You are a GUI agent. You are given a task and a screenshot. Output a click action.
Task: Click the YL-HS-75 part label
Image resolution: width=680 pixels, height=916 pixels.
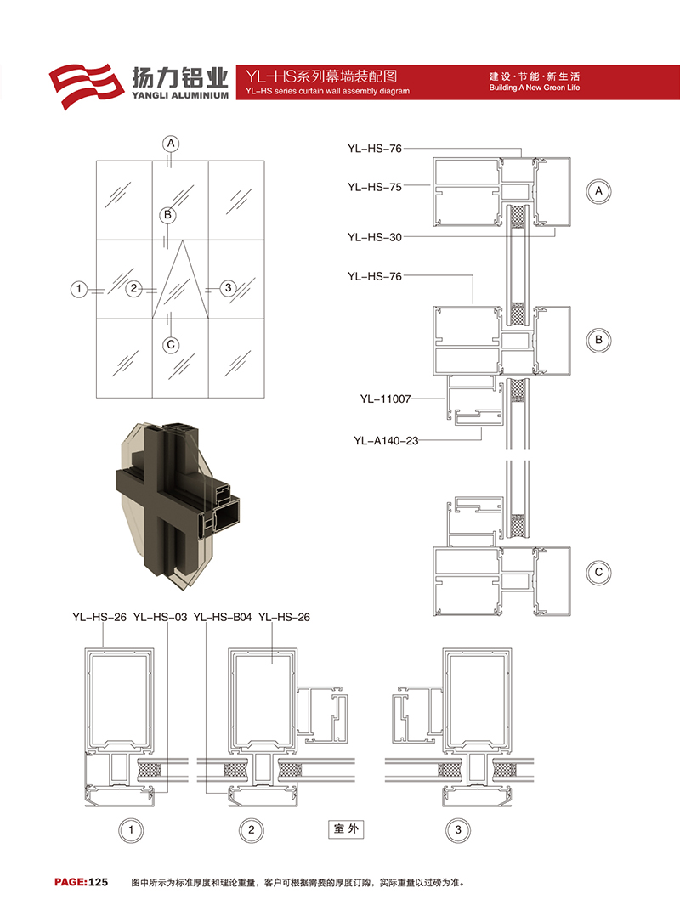pyautogui.click(x=375, y=187)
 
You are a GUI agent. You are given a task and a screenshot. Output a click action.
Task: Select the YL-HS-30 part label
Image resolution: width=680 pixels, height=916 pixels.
pyautogui.click(x=375, y=237)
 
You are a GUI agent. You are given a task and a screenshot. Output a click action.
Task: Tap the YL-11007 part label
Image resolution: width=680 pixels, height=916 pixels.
pyautogui.click(x=386, y=399)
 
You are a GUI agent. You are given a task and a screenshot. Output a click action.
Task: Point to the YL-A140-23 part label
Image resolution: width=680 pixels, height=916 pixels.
pyautogui.click(x=386, y=440)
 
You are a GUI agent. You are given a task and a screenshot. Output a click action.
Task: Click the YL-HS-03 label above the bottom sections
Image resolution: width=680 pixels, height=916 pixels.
pyautogui.click(x=160, y=617)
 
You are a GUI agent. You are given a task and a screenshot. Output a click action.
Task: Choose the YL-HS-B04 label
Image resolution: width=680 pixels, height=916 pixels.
pyautogui.click(x=223, y=617)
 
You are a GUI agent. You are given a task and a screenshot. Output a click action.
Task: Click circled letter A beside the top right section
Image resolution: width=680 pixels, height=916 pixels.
pyautogui.click(x=598, y=191)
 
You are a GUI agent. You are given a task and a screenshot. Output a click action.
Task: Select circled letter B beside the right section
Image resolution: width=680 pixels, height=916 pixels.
pyautogui.click(x=598, y=340)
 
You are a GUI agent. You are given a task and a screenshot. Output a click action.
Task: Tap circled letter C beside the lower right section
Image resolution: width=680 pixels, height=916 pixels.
pyautogui.click(x=598, y=573)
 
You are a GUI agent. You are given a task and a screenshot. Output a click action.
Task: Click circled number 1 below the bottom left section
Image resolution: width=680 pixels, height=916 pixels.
pyautogui.click(x=131, y=830)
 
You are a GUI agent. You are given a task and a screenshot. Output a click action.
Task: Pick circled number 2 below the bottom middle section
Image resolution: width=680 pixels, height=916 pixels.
pyautogui.click(x=252, y=830)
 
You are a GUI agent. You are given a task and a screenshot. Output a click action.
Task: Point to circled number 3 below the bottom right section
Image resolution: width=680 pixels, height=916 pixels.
pyautogui.click(x=458, y=830)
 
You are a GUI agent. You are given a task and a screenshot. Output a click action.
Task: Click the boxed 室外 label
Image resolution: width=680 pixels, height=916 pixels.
pyautogui.click(x=346, y=829)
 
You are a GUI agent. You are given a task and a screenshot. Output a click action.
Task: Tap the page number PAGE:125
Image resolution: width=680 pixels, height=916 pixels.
pyautogui.click(x=82, y=882)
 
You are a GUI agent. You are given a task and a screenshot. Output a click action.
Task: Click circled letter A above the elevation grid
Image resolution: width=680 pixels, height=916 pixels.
pyautogui.click(x=171, y=144)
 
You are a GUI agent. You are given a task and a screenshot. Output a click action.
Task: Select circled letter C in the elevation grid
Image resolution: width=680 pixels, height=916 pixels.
pyautogui.click(x=171, y=345)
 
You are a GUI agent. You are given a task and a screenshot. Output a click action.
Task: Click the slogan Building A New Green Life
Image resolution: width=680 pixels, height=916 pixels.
pyautogui.click(x=535, y=88)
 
